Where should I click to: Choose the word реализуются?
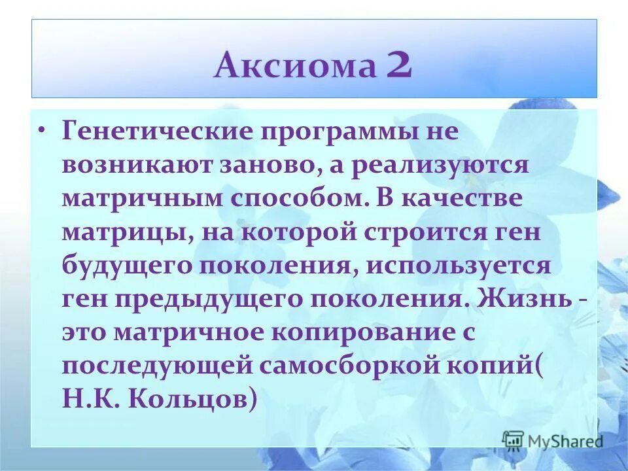[x=438, y=164]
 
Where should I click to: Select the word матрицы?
[x=123, y=233]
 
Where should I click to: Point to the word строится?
[x=415, y=233]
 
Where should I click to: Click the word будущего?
[x=130, y=267]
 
